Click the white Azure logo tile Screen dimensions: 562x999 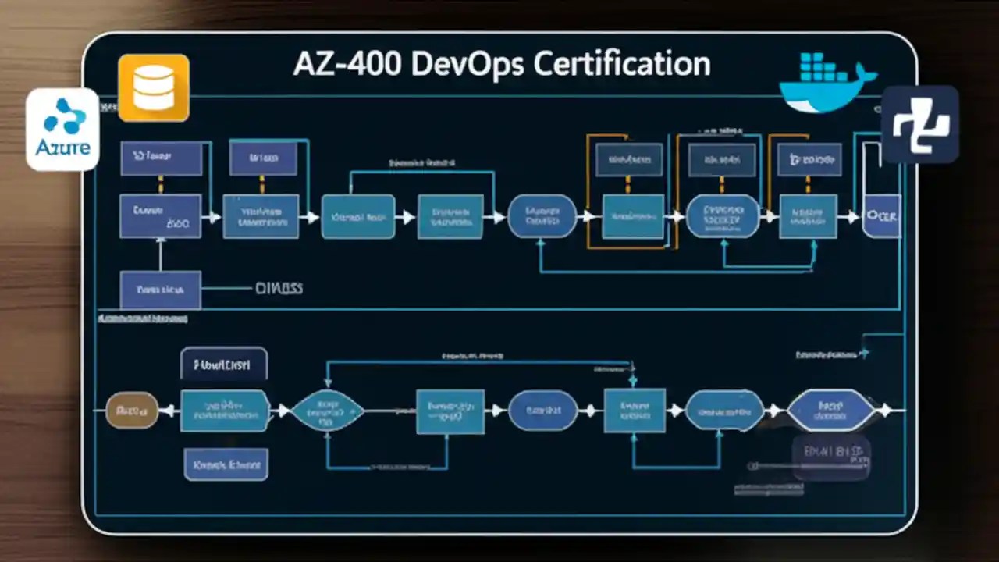(x=62, y=129)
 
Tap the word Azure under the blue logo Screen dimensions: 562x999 (x=62, y=147)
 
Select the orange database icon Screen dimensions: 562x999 (x=153, y=87)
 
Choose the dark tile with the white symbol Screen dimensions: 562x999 (x=920, y=125)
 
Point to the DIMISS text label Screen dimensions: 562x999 (x=279, y=289)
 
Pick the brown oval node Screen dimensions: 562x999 (x=131, y=410)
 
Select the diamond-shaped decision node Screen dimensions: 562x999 (x=327, y=411)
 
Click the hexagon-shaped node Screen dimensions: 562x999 (x=830, y=411)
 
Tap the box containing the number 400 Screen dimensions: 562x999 (x=160, y=216)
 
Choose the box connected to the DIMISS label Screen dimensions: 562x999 (x=160, y=290)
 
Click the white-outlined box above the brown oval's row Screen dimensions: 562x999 (x=224, y=364)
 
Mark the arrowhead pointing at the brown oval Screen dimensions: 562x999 (x=165, y=411)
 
